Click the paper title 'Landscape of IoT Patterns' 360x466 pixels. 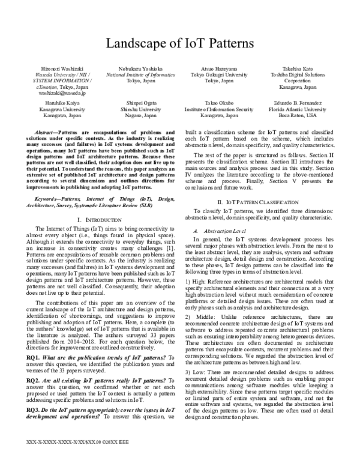[x=180, y=43]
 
